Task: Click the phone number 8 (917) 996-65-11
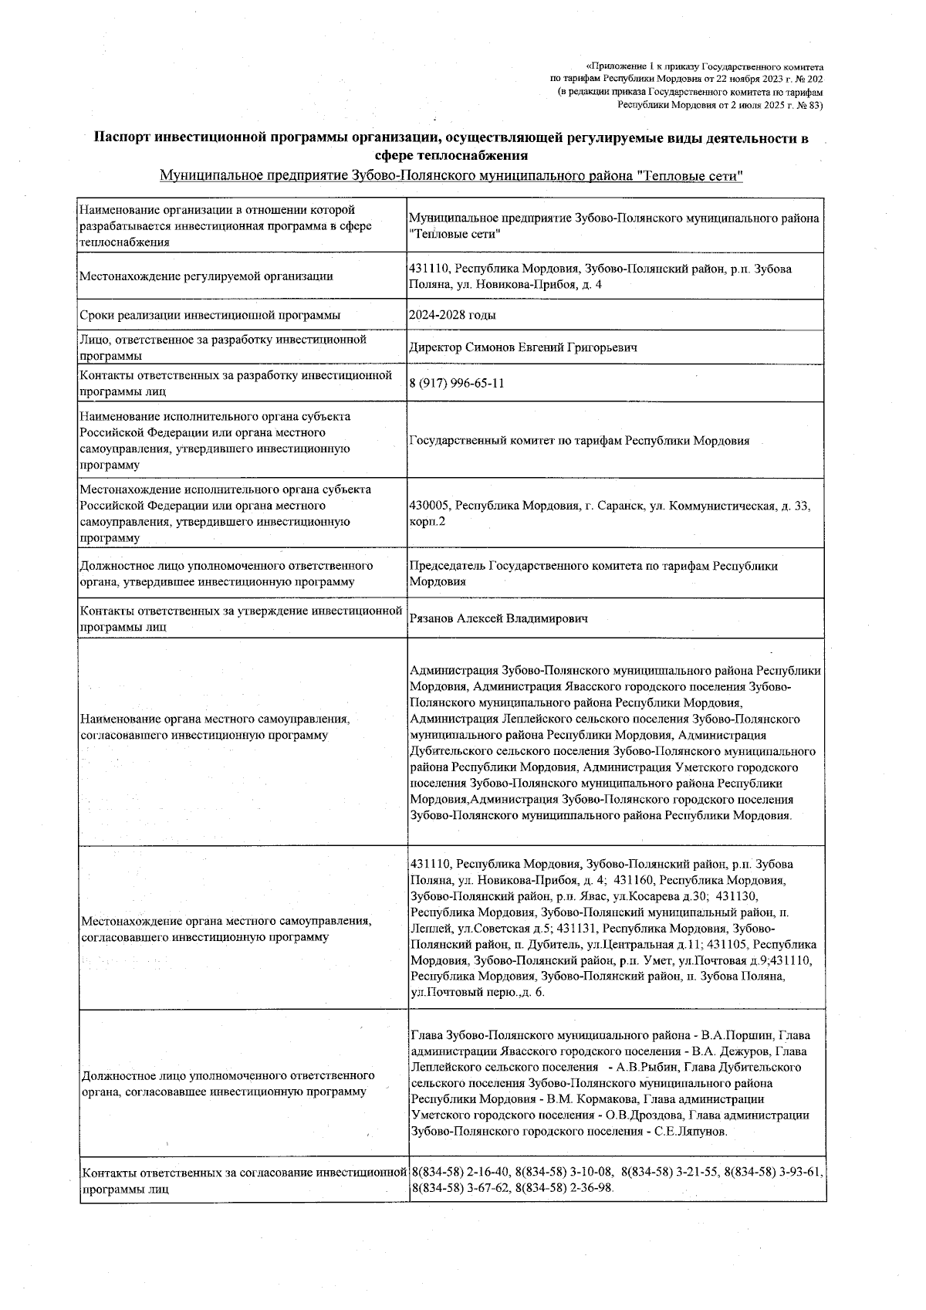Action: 457,384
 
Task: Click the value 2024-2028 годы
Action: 453,315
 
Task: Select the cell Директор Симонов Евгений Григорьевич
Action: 523,347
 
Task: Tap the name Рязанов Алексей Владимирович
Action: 498,618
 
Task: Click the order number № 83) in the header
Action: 809,104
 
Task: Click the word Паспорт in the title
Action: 122,138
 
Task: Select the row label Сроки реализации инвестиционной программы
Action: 210,315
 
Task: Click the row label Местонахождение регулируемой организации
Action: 206,276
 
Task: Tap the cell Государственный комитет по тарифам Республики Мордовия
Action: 580,441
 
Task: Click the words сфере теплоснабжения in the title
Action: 451,155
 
